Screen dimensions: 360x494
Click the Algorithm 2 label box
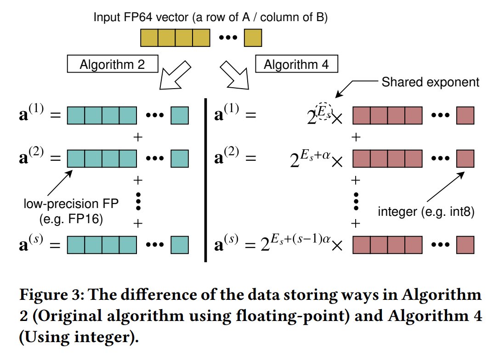pyautogui.click(x=112, y=64)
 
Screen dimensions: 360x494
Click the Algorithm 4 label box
pyautogui.click(x=296, y=64)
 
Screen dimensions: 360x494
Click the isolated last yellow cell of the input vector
pyautogui.click(x=253, y=37)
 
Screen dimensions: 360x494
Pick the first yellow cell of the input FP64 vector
pyautogui.click(x=149, y=37)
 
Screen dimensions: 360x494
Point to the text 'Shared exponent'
pyautogui.click(x=430, y=82)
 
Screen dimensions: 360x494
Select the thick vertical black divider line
pyautogui.click(x=205, y=179)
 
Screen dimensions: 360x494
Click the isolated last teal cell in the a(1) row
pyautogui.click(x=180, y=115)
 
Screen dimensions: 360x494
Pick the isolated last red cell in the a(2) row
pyautogui.click(x=465, y=158)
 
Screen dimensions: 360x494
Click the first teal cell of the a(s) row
pyautogui.click(x=76, y=244)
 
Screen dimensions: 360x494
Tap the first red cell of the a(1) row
pyautogui.click(x=361, y=115)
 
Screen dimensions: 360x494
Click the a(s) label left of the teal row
pyautogui.click(x=35, y=244)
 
